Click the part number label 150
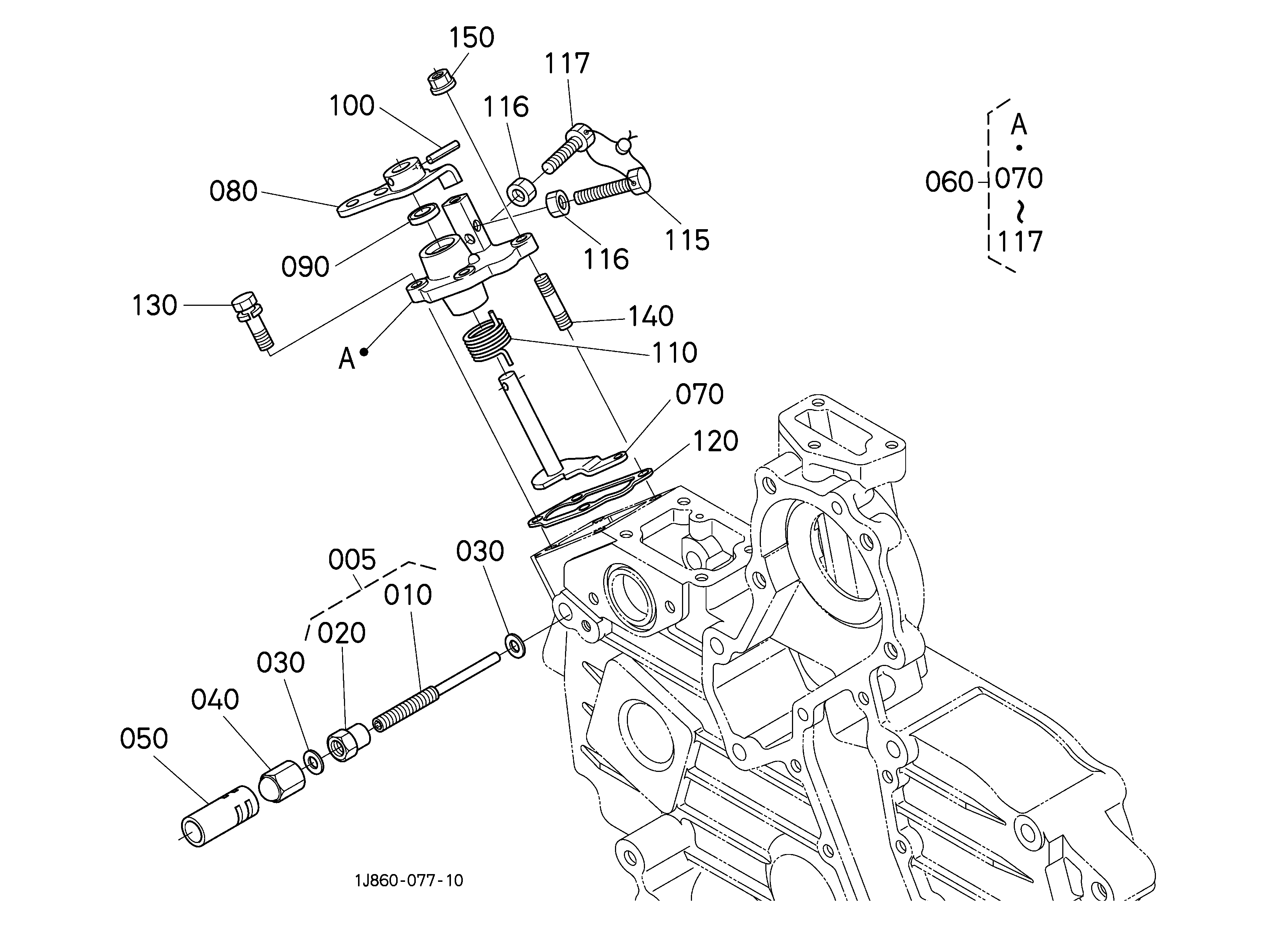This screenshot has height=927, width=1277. click(471, 38)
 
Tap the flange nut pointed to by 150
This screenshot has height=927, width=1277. click(441, 81)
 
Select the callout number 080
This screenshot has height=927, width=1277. click(233, 191)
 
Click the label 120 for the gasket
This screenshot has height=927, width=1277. click(715, 441)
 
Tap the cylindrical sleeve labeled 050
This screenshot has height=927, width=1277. click(219, 816)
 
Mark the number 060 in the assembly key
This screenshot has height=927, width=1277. click(949, 182)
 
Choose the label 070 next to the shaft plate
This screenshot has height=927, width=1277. click(699, 395)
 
